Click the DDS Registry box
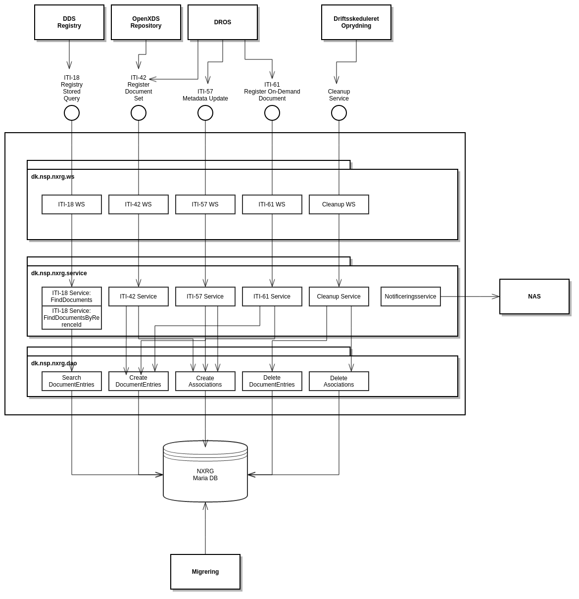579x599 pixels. (x=69, y=22)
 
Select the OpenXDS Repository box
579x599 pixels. (x=146, y=22)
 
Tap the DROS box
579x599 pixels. (x=223, y=22)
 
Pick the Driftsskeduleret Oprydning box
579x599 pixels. (x=356, y=22)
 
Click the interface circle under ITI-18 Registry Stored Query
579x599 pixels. (x=72, y=113)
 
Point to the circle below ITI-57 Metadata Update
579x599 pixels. (x=205, y=113)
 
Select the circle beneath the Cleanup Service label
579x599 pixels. (x=339, y=113)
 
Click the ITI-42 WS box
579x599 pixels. (x=139, y=204)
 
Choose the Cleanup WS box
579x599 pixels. (x=339, y=204)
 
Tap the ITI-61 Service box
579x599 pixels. (x=272, y=297)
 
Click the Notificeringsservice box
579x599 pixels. (x=411, y=297)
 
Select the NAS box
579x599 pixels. (x=534, y=297)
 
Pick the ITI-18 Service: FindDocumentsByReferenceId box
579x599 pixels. (x=72, y=318)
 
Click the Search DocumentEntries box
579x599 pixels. (x=72, y=381)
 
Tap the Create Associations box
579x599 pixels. (x=205, y=381)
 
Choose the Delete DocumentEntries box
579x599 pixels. (x=272, y=381)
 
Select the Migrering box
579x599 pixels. (x=205, y=572)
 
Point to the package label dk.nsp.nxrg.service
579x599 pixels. (x=59, y=273)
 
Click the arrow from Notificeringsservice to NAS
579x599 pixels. (x=470, y=297)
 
